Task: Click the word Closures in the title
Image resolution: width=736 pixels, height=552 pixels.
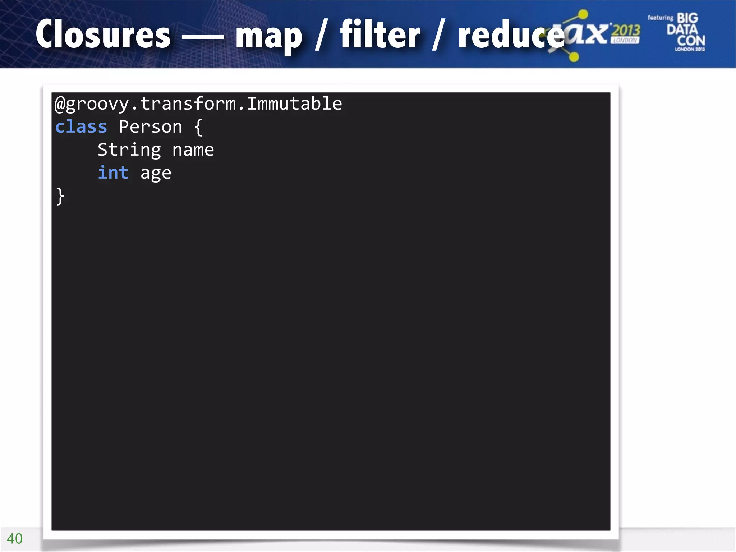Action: click(103, 34)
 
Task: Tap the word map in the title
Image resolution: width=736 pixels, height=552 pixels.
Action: click(269, 36)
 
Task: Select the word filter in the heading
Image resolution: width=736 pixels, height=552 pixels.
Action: click(380, 34)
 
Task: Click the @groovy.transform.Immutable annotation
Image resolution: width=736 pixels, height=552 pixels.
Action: click(198, 104)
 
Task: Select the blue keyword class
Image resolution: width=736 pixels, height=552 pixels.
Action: click(81, 127)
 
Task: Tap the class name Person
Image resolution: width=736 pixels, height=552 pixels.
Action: click(150, 127)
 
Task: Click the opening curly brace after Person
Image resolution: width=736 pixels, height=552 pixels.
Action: click(198, 127)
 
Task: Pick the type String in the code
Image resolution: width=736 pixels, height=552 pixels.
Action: click(129, 150)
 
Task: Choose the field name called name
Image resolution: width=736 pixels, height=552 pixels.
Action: click(193, 150)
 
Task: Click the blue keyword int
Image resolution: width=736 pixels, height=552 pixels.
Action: click(113, 173)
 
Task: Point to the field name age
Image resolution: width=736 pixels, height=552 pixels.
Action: click(156, 174)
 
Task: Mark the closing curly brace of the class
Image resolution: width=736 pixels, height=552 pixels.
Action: click(60, 196)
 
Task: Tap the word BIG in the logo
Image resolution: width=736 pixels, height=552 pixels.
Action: click(687, 18)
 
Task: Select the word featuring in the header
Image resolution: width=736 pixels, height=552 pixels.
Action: click(660, 18)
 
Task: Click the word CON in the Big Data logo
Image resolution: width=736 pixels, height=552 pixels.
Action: click(691, 40)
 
